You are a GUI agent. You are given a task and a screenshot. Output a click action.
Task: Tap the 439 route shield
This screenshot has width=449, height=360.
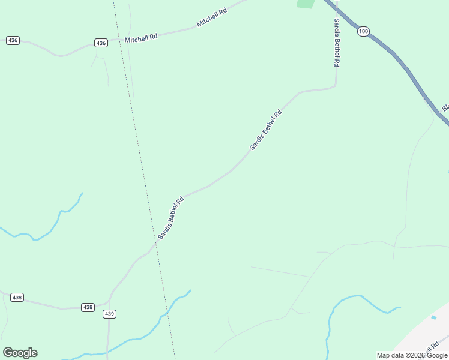tap(109, 314)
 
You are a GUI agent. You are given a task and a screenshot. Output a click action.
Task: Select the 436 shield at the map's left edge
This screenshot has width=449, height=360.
tap(13, 40)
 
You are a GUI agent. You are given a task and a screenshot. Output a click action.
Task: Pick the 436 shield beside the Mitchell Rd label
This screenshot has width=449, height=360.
tap(101, 43)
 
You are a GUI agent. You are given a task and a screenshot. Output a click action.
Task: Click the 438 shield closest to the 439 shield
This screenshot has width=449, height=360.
tap(88, 307)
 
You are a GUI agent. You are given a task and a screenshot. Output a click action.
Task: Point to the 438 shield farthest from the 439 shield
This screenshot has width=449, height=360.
tap(17, 298)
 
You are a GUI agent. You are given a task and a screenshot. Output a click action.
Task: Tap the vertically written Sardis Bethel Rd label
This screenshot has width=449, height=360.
tap(337, 42)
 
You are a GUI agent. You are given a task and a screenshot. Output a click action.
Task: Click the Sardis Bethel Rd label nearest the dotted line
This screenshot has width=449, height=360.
tap(170, 217)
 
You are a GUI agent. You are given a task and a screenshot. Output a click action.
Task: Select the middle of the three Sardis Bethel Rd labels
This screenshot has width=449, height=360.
tap(265, 130)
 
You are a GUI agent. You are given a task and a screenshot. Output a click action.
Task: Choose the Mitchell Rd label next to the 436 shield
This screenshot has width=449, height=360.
tap(141, 38)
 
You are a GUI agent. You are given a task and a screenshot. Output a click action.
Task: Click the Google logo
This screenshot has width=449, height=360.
tap(20, 353)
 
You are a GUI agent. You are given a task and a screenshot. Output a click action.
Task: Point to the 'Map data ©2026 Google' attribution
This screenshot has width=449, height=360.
tap(412, 355)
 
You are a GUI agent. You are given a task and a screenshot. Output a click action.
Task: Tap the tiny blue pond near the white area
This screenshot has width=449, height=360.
tap(433, 317)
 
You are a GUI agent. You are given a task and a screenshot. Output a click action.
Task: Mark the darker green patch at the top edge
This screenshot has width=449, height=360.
tap(306, 4)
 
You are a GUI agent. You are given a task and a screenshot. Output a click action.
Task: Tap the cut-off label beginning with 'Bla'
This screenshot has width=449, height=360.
tap(445, 108)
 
